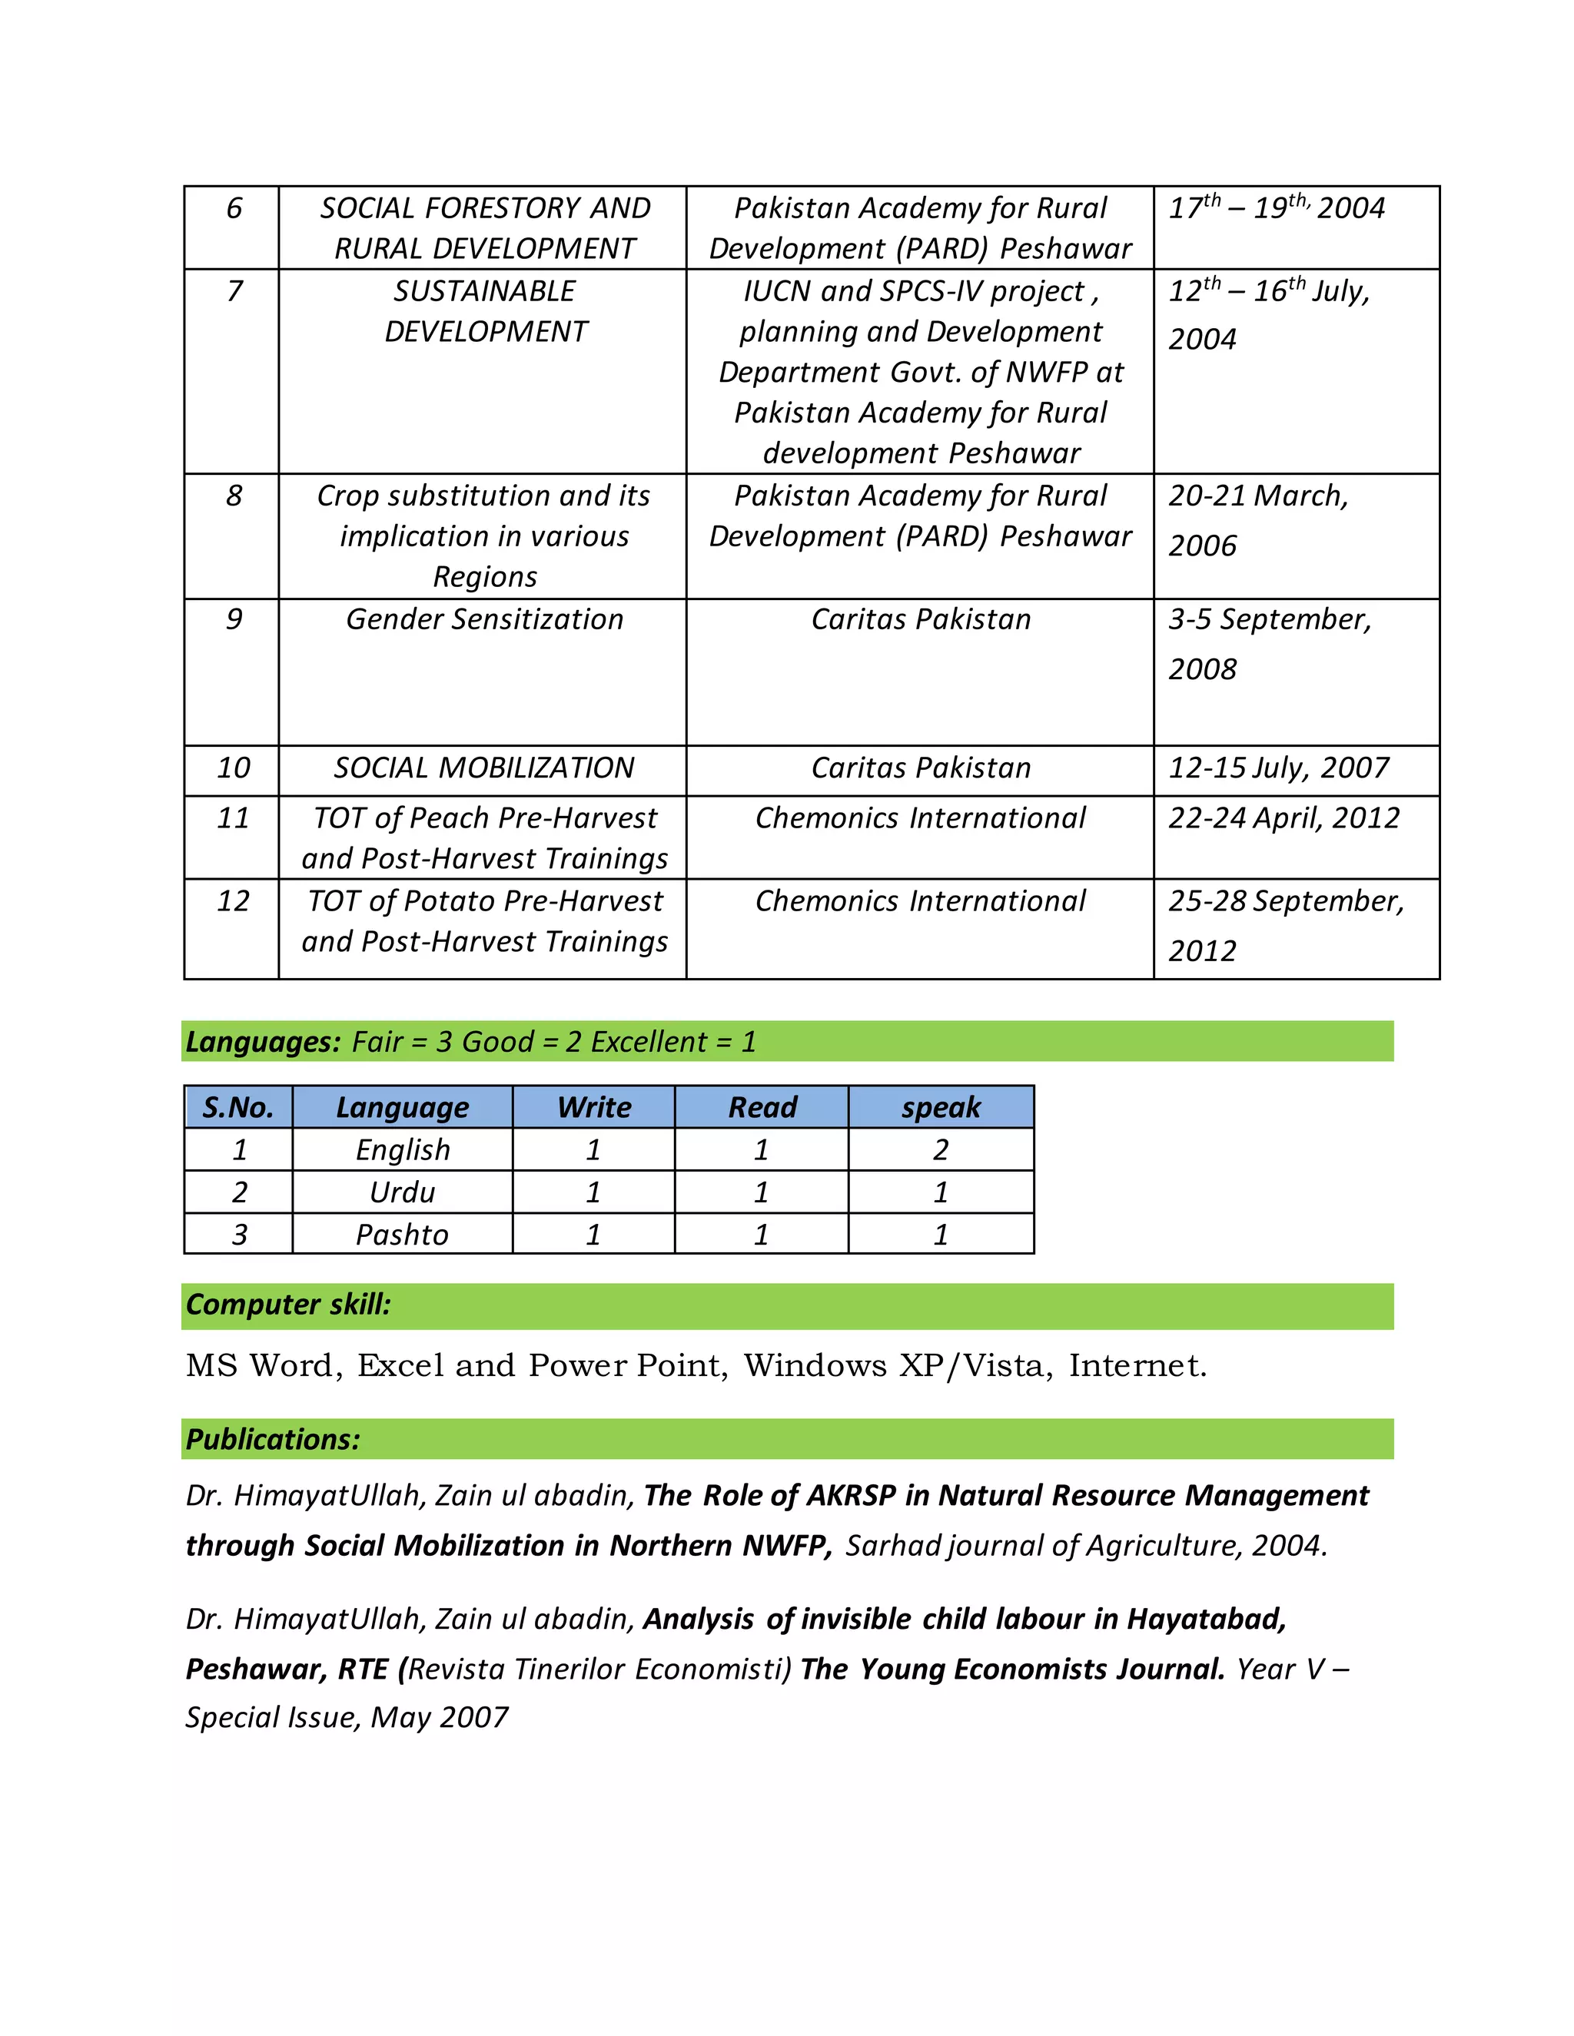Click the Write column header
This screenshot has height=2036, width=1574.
click(x=593, y=1106)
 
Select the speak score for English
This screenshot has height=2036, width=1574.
click(x=940, y=1149)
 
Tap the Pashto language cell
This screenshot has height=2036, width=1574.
click(x=402, y=1235)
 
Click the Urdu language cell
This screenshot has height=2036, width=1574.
click(x=402, y=1192)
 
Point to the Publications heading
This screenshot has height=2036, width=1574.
click(x=272, y=1439)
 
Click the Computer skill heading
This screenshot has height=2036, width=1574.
click(x=288, y=1305)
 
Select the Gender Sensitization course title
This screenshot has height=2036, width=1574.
click(x=484, y=619)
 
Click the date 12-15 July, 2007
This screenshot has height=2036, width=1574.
click(x=1277, y=768)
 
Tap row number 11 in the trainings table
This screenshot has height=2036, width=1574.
click(x=233, y=817)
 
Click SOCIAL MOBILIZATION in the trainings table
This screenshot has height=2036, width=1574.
click(x=484, y=768)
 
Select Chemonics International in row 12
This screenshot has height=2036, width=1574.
click(x=919, y=900)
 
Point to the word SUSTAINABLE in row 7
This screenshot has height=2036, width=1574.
click(x=484, y=291)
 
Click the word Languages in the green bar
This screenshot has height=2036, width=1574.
click(x=263, y=1041)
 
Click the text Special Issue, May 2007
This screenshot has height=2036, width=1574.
click(x=347, y=1717)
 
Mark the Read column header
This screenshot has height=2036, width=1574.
click(x=762, y=1106)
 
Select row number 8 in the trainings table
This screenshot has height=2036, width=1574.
click(x=233, y=495)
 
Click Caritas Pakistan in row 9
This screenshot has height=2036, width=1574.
click(x=919, y=619)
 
